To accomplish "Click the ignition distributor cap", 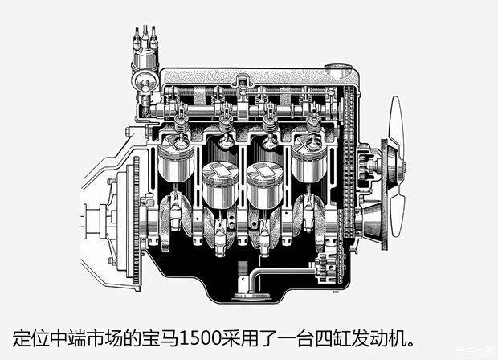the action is coord(145,59).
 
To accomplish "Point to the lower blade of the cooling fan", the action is coord(398,212).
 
